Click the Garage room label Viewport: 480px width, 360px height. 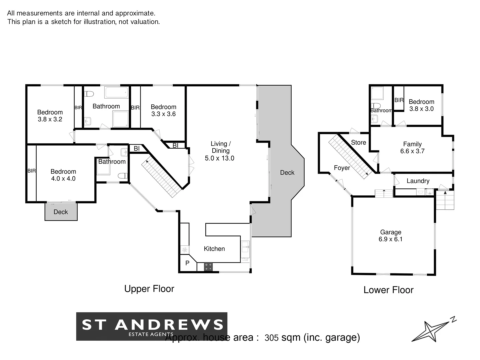390,232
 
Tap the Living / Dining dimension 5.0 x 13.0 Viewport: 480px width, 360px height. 219,158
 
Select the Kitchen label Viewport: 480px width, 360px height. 214,249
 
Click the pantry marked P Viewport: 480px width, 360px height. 187,263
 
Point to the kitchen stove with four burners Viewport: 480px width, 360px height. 208,267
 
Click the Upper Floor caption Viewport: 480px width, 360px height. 149,289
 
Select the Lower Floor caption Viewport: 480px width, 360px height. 388,290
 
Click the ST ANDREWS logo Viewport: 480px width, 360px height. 152,326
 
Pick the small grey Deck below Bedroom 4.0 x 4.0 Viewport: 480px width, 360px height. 61,212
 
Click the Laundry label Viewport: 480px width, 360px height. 418,181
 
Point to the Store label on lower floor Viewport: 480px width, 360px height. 358,142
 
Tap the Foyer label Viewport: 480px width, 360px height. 342,168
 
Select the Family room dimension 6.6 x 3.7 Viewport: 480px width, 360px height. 412,151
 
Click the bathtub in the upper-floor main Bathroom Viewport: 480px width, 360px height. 116,92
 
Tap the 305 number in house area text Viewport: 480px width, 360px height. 271,338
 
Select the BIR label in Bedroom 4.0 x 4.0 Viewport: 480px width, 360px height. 31,171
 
